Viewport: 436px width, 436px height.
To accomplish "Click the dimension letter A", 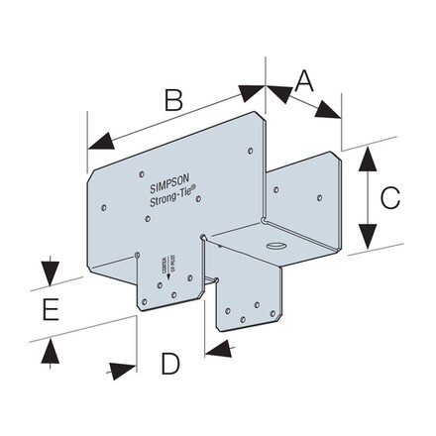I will click(x=303, y=79).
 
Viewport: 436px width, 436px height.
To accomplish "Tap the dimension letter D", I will click(x=170, y=364).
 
